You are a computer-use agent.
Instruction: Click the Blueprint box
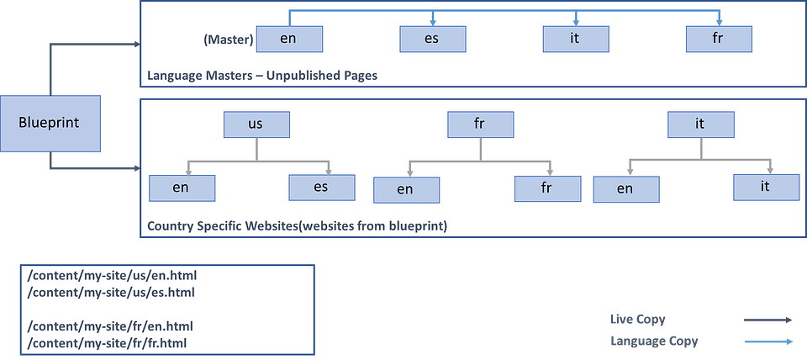click(49, 123)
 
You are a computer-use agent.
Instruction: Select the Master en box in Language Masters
click(288, 39)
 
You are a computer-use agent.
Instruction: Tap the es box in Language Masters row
click(431, 39)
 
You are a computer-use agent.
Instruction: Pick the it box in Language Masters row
click(575, 39)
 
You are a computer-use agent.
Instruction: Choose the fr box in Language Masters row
click(719, 39)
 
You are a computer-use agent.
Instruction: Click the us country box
click(256, 124)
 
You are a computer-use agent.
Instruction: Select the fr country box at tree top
click(480, 124)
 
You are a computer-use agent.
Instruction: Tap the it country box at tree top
click(700, 124)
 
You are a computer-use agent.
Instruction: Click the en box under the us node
click(182, 188)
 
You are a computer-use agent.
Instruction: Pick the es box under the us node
click(321, 187)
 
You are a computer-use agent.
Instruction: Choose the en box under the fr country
click(406, 189)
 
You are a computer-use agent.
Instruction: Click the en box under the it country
click(625, 189)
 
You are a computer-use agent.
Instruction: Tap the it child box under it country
click(765, 187)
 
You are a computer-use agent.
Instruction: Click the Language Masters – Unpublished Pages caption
click(262, 75)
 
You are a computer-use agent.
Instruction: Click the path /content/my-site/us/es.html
click(111, 292)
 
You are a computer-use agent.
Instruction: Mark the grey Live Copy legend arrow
click(768, 320)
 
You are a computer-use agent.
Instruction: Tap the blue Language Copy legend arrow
click(768, 341)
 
